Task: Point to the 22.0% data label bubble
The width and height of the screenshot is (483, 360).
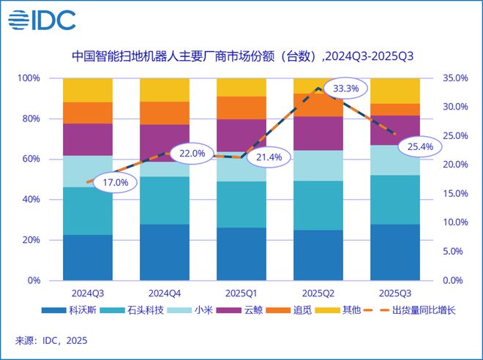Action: pyautogui.click(x=192, y=154)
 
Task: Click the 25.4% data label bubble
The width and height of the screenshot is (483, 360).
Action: pyautogui.click(x=420, y=147)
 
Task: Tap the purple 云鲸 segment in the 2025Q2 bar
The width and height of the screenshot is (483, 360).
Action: pyautogui.click(x=318, y=133)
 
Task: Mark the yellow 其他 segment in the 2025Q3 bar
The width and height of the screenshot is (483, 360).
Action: pyautogui.click(x=394, y=91)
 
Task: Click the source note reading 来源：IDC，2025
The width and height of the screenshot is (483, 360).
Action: pyautogui.click(x=50, y=341)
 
